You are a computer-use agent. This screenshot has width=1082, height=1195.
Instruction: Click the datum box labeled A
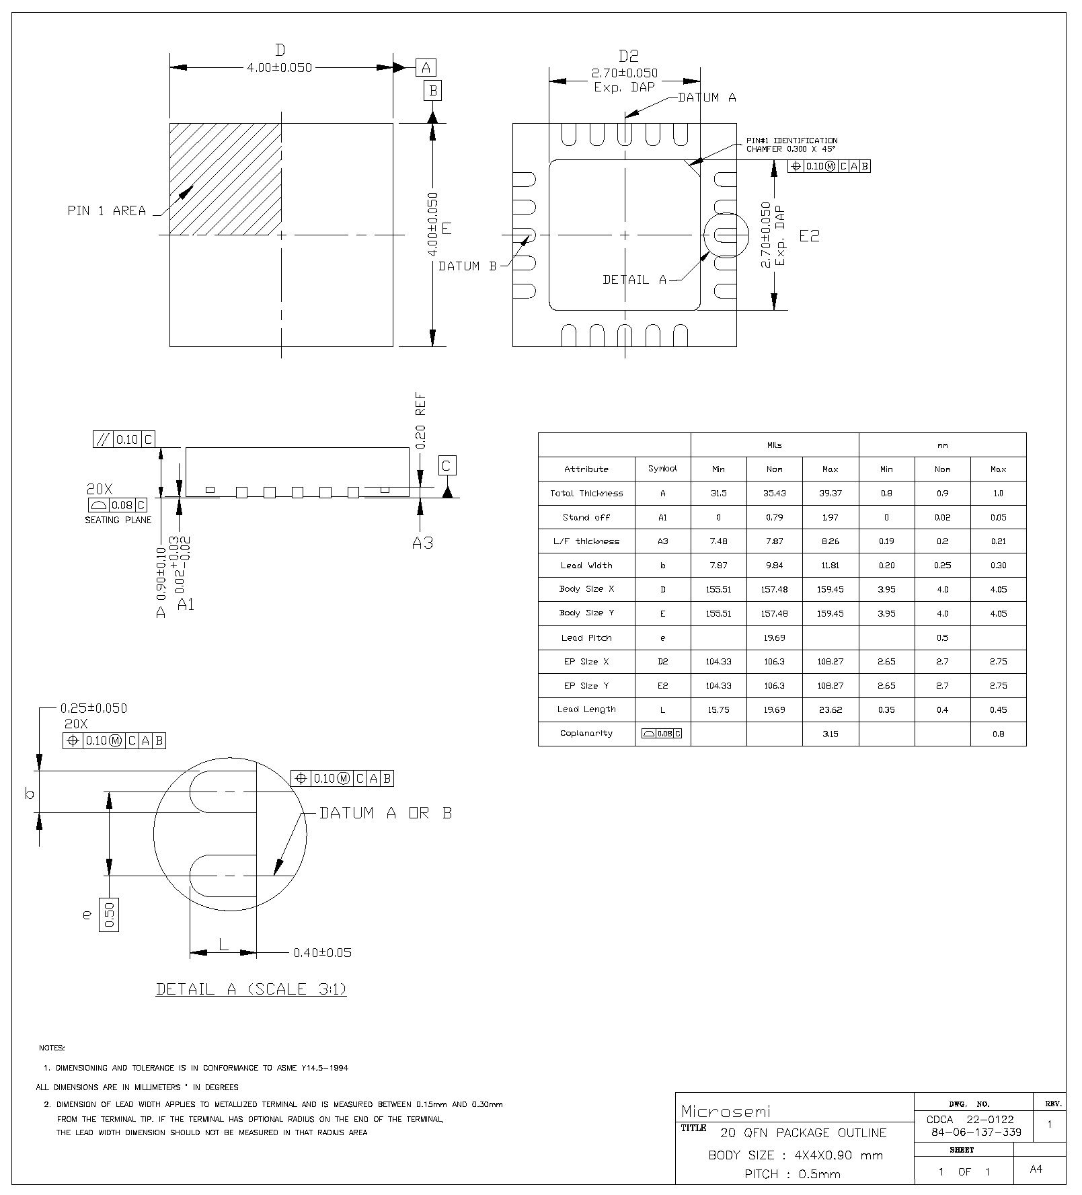[426, 67]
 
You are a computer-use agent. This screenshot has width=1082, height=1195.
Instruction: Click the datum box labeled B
[432, 90]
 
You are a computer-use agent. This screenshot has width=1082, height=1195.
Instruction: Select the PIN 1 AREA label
[107, 211]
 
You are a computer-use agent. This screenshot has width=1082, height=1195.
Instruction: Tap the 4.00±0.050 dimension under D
[280, 68]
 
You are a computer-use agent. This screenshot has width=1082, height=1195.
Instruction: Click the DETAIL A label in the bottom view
[634, 280]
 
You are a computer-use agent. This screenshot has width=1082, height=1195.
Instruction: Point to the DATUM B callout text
[467, 266]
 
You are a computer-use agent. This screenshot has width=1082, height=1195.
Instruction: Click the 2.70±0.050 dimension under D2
[625, 73]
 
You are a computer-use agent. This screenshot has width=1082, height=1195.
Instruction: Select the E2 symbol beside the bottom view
[810, 236]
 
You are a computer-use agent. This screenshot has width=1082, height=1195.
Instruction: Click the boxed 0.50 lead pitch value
[109, 914]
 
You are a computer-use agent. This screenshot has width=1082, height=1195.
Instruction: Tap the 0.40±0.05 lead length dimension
[322, 952]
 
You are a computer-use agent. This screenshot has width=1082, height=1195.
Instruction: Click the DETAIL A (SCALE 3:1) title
[252, 989]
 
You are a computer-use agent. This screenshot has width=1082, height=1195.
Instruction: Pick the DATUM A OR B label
[385, 813]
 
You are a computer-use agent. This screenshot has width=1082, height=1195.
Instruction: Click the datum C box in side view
[447, 465]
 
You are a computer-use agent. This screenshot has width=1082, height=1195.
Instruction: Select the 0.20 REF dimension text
[421, 421]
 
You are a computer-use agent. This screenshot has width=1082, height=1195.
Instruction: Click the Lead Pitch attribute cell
[586, 638]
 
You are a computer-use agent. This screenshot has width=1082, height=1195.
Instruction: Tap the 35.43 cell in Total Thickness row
[774, 493]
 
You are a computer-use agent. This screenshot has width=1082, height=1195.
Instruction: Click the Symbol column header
[662, 469]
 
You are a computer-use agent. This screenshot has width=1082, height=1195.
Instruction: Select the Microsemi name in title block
[726, 1110]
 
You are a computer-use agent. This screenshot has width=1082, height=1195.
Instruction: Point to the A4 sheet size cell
[1036, 1169]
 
